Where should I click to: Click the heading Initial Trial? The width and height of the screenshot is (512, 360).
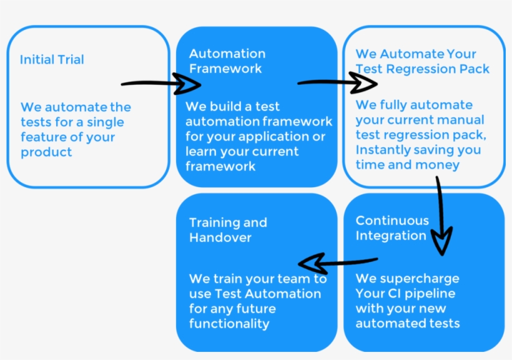tap(52, 60)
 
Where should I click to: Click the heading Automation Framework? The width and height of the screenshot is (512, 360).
tap(227, 61)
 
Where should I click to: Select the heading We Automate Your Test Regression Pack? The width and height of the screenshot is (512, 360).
tap(422, 61)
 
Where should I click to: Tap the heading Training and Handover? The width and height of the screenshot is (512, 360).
tap(227, 230)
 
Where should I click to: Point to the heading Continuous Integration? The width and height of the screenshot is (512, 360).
tap(391, 228)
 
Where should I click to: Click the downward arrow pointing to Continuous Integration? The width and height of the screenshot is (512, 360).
tap(441, 215)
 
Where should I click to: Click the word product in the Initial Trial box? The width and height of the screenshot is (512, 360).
tap(46, 152)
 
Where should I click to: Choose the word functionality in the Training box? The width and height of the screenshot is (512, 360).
tap(229, 324)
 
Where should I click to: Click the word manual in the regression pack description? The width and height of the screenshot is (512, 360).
tap(461, 120)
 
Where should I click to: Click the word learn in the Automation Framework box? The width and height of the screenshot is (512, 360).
tap(201, 152)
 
